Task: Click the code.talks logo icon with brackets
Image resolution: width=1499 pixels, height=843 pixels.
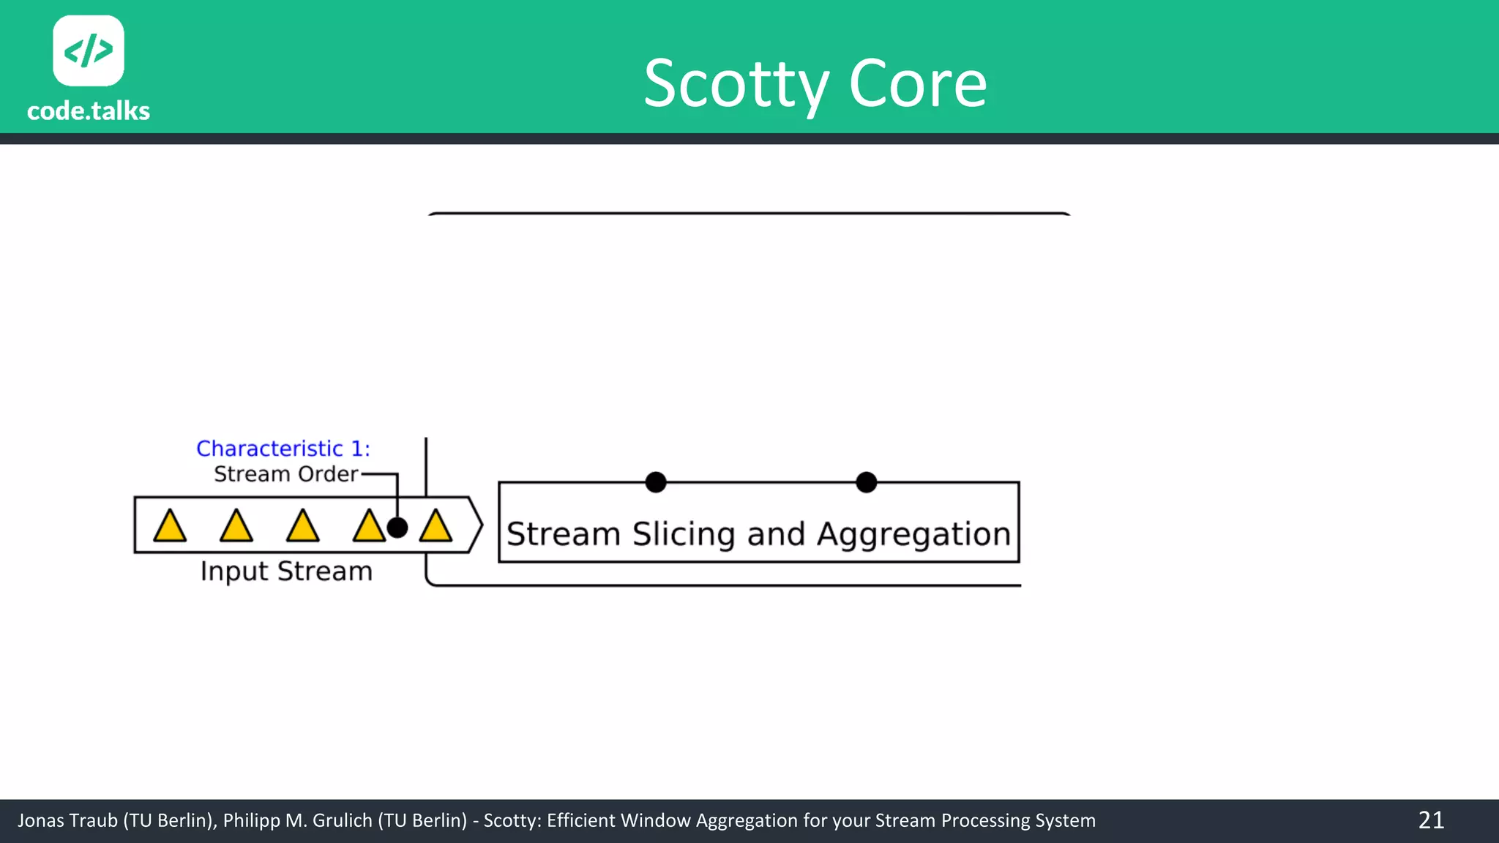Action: point(89,50)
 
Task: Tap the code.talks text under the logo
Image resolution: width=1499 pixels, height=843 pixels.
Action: point(89,111)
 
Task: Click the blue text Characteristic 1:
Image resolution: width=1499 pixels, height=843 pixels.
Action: point(283,448)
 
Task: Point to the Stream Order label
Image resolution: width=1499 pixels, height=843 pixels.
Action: point(285,474)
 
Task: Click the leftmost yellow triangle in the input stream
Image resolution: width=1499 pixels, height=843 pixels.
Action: point(170,527)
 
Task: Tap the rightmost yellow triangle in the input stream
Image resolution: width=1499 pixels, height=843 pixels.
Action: point(436,527)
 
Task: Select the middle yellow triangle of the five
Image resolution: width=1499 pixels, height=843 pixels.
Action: point(302,527)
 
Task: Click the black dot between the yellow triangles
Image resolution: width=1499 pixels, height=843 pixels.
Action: point(397,527)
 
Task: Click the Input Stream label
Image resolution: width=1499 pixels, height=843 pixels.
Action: point(286,571)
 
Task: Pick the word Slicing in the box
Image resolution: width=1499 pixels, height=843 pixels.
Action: point(684,534)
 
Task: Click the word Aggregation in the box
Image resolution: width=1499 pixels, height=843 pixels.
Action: point(913,534)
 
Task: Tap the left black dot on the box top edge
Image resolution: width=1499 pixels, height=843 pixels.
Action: point(656,482)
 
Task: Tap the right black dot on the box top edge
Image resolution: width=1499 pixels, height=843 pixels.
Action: point(866,482)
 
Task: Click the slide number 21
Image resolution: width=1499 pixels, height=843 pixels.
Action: point(1431,820)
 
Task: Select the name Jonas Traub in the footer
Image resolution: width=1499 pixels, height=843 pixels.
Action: point(67,821)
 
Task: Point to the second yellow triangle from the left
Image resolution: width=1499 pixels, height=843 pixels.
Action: point(236,527)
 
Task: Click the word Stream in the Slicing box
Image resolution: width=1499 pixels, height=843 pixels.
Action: point(564,534)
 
